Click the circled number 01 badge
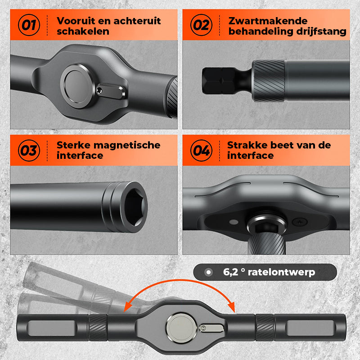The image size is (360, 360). (29, 25)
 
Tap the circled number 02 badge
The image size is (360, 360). (201, 25)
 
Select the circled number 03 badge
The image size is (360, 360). (29, 150)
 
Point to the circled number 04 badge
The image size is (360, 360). (201, 150)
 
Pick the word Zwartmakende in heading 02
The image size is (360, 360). (268, 21)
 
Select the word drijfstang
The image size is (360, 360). (321, 31)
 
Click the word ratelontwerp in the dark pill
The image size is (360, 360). (282, 272)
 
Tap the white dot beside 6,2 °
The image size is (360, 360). (208, 272)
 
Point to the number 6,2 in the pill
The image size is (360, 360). (230, 272)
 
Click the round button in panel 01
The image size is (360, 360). (77, 86)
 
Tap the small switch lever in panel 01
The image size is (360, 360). (111, 91)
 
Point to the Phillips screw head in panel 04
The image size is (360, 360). (300, 222)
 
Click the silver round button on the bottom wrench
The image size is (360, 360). (181, 328)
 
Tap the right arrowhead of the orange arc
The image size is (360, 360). (231, 307)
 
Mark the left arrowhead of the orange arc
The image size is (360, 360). (128, 307)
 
